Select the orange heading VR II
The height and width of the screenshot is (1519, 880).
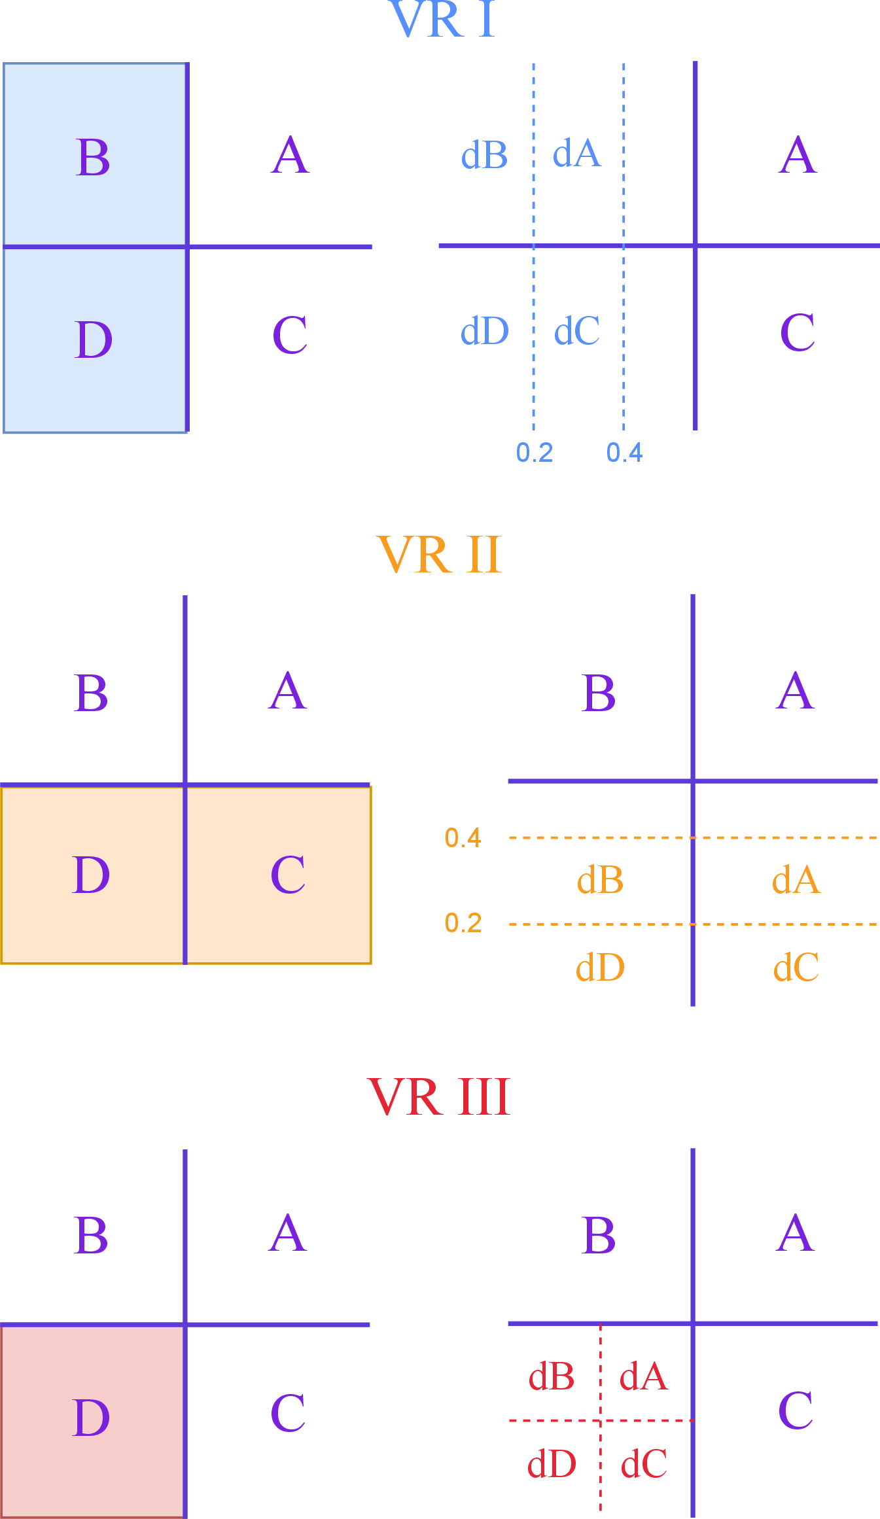[x=439, y=555]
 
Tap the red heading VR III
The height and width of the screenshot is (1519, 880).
[x=438, y=1097]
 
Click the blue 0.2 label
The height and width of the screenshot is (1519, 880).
[x=535, y=453]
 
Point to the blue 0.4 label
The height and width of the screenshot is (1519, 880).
[x=624, y=453]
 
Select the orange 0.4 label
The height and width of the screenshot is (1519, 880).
[x=463, y=838]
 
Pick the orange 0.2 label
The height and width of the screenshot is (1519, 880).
[x=463, y=923]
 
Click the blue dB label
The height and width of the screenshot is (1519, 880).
[x=484, y=156]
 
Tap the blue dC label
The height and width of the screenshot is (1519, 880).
[x=576, y=331]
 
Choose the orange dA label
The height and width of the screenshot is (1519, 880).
[x=796, y=880]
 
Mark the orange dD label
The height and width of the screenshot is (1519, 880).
[x=600, y=968]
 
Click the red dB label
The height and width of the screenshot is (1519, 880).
[x=552, y=1376]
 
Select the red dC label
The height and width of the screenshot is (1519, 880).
[x=644, y=1464]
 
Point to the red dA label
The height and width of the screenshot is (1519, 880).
[x=644, y=1376]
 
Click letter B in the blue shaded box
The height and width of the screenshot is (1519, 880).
[x=93, y=158]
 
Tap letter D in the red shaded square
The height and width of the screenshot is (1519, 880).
[x=90, y=1418]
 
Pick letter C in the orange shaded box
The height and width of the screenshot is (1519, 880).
[x=288, y=875]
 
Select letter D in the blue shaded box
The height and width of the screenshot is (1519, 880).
[x=94, y=340]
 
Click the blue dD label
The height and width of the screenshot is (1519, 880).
[x=484, y=331]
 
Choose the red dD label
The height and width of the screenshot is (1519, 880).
[x=552, y=1464]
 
